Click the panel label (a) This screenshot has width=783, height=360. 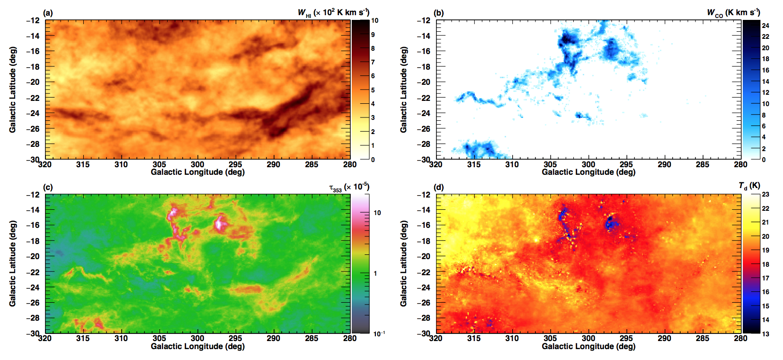[x=48, y=13]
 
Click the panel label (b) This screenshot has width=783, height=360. [x=439, y=13]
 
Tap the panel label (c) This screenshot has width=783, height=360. [x=48, y=187]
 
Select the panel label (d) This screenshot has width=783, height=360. [x=439, y=187]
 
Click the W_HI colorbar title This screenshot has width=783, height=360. [x=333, y=13]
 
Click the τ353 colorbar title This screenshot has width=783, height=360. [x=349, y=187]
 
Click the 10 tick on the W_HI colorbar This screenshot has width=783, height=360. [x=374, y=20]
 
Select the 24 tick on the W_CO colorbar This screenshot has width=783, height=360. [x=765, y=26]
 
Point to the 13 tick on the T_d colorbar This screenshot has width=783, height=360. [x=765, y=333]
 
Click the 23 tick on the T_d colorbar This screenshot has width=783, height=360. [x=765, y=194]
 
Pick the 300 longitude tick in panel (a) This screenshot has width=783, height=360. [x=197, y=164]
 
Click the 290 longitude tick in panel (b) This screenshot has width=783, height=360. [x=664, y=164]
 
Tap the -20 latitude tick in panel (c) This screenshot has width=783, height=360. [x=33, y=256]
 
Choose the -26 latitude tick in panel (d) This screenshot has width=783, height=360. [x=424, y=303]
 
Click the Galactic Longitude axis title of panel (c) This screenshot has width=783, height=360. [x=197, y=346]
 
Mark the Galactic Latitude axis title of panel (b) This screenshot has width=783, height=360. [x=404, y=90]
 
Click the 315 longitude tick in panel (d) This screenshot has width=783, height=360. [x=473, y=338]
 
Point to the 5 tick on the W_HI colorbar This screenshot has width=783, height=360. [x=373, y=90]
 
